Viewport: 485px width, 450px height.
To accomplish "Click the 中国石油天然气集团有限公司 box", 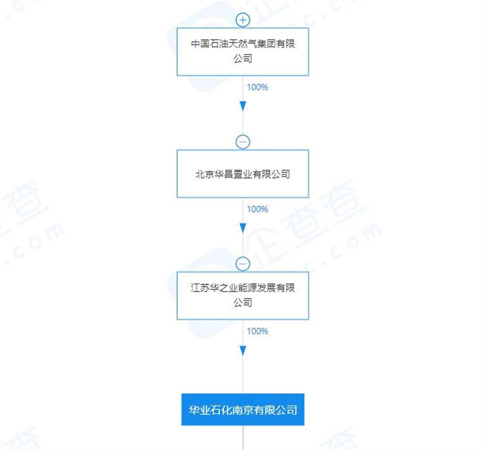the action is point(243,51).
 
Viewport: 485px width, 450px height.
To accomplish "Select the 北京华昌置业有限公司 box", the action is point(243,173).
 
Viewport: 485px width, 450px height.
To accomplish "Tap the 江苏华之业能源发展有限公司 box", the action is point(243,296).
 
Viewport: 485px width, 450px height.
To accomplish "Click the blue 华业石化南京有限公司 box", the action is point(243,409).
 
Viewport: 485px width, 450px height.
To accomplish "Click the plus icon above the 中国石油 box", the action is point(243,20).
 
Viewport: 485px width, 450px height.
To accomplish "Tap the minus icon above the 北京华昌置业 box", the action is point(243,142).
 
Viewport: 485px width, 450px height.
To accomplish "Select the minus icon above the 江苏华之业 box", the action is point(243,264).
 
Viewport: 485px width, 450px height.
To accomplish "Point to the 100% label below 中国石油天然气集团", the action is point(257,87).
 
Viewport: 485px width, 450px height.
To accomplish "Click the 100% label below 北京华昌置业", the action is point(257,209).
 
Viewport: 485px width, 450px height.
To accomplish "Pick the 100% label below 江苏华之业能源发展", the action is point(257,331).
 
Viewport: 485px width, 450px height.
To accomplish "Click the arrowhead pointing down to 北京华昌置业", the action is point(243,106).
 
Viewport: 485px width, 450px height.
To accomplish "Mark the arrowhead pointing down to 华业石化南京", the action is point(243,350).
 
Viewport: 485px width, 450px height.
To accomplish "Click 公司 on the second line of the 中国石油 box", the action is point(243,58).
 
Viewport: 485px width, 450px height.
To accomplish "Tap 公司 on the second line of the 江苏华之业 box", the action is point(243,302).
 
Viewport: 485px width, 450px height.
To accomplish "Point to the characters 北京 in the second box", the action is point(205,174).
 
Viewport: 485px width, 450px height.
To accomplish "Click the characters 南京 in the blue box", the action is point(243,409).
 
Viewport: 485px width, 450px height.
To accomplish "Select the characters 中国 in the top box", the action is point(200,43).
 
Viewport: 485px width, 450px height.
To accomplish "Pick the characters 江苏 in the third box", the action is point(200,287).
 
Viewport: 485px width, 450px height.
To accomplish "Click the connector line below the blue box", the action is point(243,437).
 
